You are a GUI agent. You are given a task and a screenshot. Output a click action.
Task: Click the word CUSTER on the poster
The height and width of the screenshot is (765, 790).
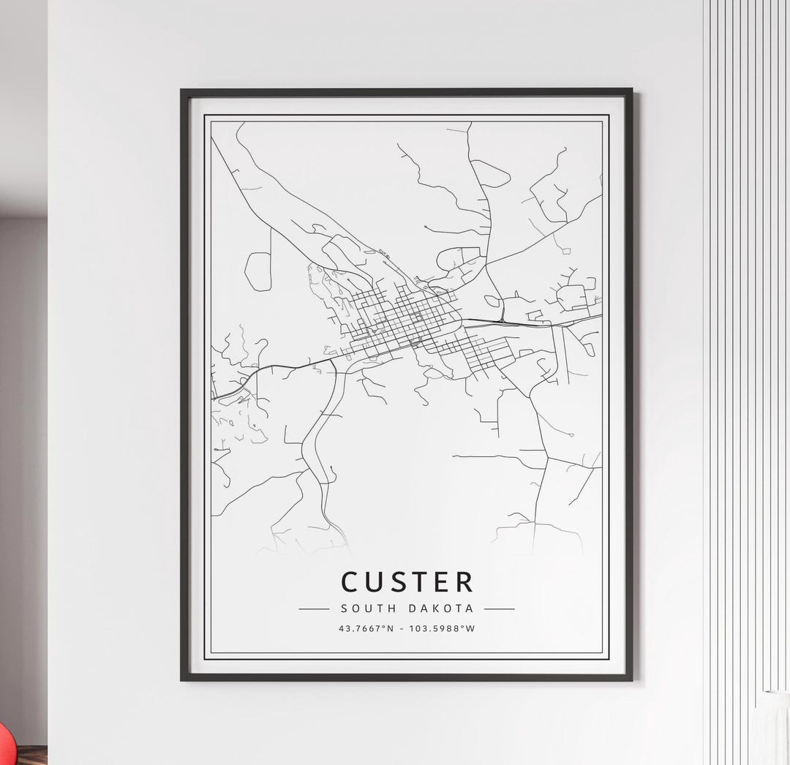[x=407, y=582]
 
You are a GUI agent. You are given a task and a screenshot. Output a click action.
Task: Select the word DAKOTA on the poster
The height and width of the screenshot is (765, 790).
[x=443, y=608]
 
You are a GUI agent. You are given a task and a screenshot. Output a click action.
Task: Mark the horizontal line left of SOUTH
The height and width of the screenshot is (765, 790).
[x=315, y=608]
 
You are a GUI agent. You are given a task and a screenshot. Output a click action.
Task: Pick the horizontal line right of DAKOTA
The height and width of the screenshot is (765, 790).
[x=500, y=608]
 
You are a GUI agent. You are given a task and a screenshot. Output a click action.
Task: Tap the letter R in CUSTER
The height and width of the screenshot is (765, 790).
[x=464, y=582]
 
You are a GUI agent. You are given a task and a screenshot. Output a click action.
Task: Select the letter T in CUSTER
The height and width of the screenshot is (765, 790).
[x=420, y=582]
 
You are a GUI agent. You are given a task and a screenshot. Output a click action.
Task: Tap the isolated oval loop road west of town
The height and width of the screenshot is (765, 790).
[x=257, y=271]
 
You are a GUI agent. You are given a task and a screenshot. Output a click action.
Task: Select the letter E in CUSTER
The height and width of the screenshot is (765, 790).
[x=442, y=582]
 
